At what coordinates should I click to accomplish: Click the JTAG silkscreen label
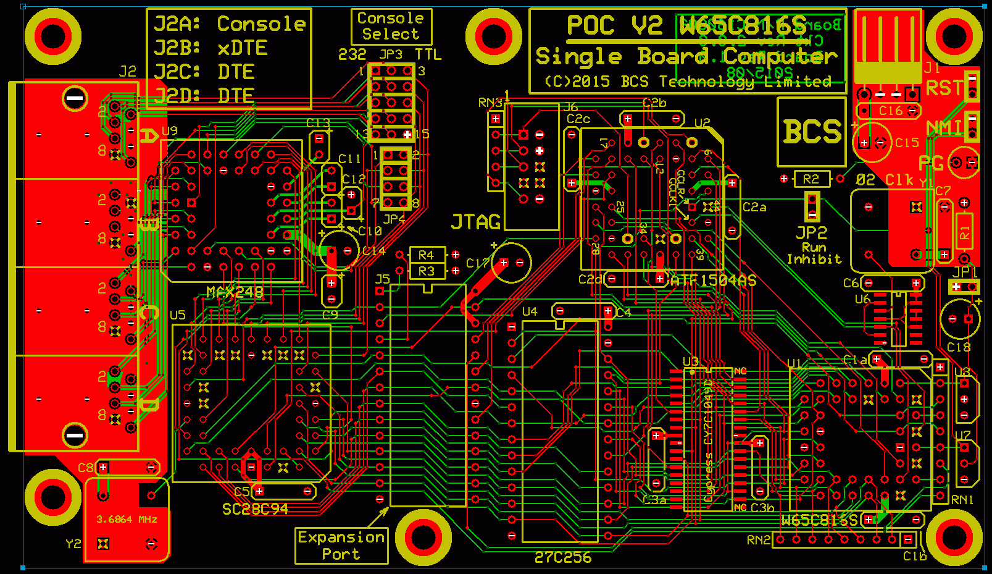tap(475, 222)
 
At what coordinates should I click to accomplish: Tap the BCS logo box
tap(811, 132)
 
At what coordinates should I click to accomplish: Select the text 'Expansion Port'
tap(341, 546)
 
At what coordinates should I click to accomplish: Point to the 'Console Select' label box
tap(391, 26)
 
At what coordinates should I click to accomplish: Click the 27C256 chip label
tap(562, 557)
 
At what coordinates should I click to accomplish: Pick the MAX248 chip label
tap(235, 292)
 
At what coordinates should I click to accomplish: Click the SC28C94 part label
tap(255, 509)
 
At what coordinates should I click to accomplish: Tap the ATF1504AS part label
tap(713, 281)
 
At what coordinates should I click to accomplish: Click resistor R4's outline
tap(427, 255)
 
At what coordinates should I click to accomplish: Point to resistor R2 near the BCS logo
tap(811, 179)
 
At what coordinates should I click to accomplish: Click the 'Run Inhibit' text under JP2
tap(814, 253)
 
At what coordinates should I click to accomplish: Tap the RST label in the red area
tap(943, 88)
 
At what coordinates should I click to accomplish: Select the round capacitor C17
tap(511, 263)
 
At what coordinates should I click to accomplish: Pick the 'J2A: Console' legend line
tap(229, 24)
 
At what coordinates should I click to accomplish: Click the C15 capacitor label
tap(907, 143)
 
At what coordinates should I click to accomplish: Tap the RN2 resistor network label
tap(759, 540)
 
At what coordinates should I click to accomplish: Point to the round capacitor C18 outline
tap(960, 319)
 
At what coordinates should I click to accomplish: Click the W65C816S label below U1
tap(819, 520)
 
